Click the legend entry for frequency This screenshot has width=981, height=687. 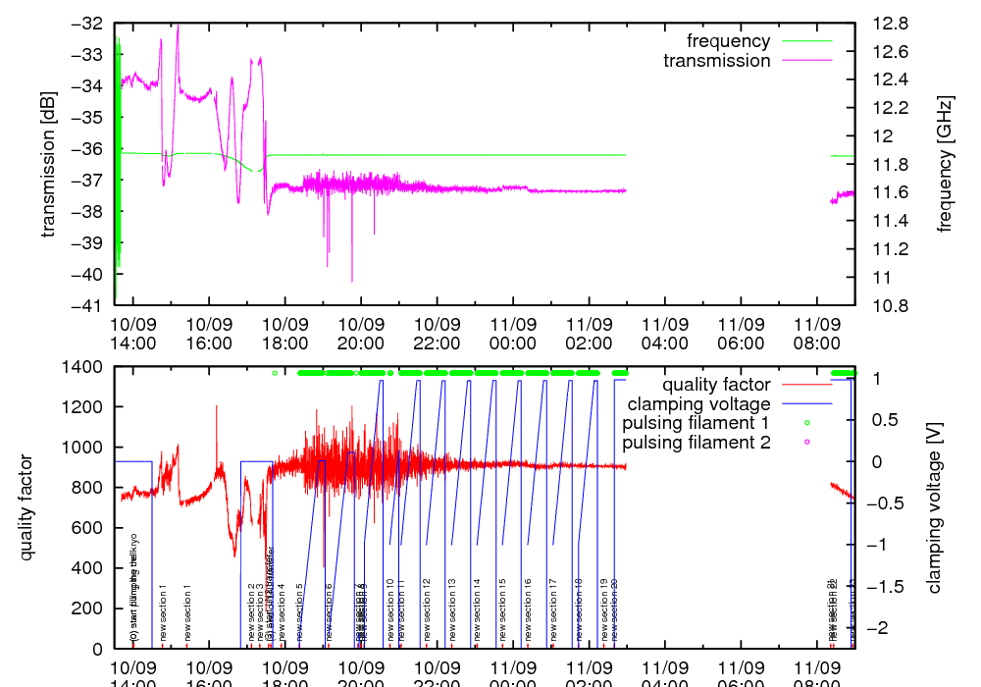[728, 41]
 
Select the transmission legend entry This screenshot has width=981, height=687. [716, 61]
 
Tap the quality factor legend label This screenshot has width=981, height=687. [716, 385]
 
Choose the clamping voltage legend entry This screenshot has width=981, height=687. [698, 403]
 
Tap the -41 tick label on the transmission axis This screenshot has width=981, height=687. [87, 305]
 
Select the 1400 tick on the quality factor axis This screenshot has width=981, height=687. [84, 367]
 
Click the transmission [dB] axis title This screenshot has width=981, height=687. [48, 164]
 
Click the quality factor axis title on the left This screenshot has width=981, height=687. [26, 507]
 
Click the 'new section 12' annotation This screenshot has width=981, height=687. [427, 609]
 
